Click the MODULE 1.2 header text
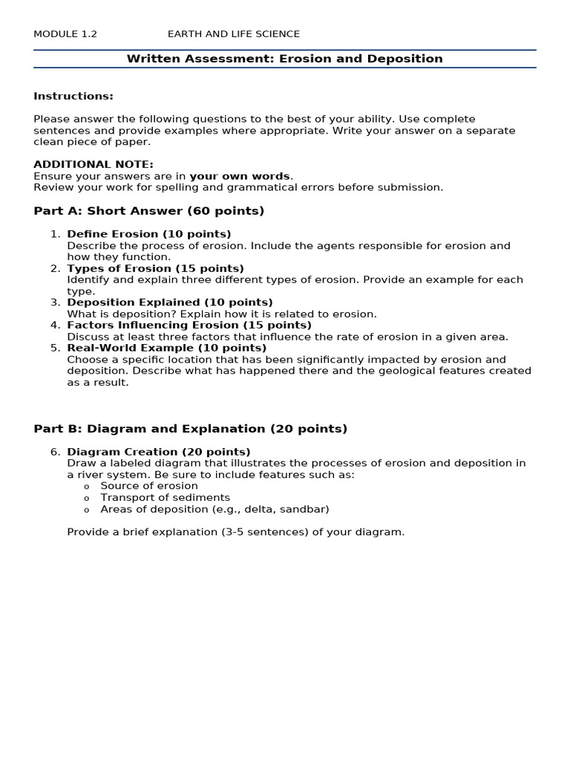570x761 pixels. click(65, 34)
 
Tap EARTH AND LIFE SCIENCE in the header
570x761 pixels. click(234, 34)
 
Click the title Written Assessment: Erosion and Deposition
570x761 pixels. click(284, 59)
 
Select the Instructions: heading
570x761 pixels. click(73, 96)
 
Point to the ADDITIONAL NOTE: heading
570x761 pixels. click(94, 164)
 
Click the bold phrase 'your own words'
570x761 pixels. click(240, 176)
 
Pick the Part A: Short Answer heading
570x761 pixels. click(149, 211)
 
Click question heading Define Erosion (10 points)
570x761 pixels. click(149, 234)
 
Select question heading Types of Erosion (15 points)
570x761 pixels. click(155, 268)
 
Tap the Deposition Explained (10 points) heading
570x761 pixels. click(170, 302)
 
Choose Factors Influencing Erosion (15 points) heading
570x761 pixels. click(189, 325)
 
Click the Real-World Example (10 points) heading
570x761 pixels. click(167, 348)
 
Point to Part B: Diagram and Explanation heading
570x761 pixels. click(191, 429)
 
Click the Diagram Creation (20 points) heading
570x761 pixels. click(159, 452)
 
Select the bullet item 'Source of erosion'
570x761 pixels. click(149, 486)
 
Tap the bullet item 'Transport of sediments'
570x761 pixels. click(166, 497)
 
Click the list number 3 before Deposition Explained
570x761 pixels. click(55, 302)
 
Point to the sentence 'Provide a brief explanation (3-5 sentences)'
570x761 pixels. click(236, 532)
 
